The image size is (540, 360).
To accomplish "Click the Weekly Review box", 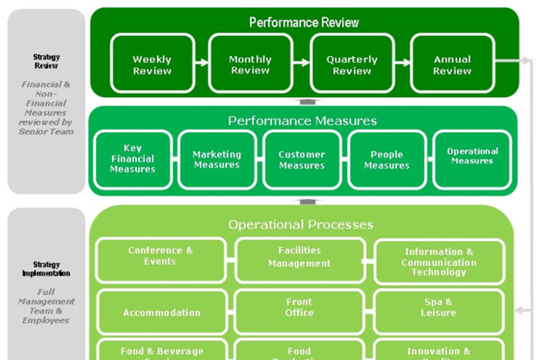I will pyautogui.click(x=152, y=64).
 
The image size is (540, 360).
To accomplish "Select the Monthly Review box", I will pyautogui.click(x=250, y=64).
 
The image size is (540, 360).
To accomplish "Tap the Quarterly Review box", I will pyautogui.click(x=352, y=64).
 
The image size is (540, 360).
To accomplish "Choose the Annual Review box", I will pyautogui.click(x=452, y=64).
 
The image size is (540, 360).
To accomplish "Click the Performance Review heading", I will pyautogui.click(x=304, y=22).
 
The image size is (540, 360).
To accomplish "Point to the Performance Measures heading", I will pyautogui.click(x=303, y=120).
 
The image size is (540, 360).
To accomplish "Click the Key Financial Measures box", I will pyautogui.click(x=132, y=159).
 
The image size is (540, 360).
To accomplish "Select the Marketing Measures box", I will pyautogui.click(x=217, y=159).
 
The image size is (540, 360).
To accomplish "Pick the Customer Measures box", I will pyautogui.click(x=302, y=159).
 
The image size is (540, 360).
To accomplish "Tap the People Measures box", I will pyautogui.click(x=386, y=159).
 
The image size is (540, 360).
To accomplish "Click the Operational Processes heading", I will pyautogui.click(x=300, y=224).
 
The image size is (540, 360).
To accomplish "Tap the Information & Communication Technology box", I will pyautogui.click(x=438, y=262).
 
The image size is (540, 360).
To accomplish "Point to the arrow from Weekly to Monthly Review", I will pyautogui.click(x=201, y=62).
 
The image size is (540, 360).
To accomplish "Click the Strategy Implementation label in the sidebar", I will pyautogui.click(x=46, y=269).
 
